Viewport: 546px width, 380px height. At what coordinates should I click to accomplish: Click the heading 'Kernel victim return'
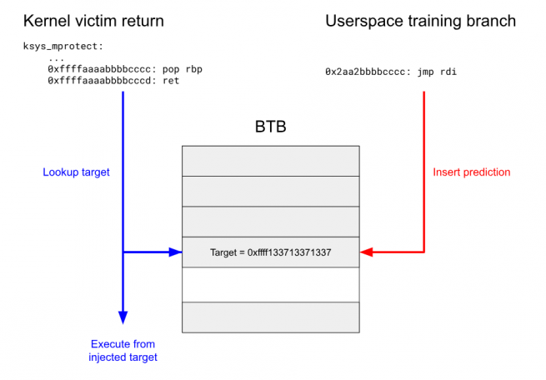coord(93,21)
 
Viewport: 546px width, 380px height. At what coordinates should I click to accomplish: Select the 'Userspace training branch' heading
coord(421,21)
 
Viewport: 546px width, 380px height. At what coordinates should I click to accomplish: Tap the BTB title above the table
coord(271,127)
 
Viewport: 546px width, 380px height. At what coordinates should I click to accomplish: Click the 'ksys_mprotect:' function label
coord(63,47)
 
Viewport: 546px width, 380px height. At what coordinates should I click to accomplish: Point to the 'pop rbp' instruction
coord(182,69)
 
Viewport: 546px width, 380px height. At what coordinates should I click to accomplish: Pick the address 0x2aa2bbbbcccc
coord(365,72)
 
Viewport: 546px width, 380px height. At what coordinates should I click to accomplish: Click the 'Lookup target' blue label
coord(76,172)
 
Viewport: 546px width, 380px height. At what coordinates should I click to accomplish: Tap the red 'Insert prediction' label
coord(472,172)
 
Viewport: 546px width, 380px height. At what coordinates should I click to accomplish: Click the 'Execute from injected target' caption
coord(123,351)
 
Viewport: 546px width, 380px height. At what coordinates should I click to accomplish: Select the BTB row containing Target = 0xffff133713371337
coord(271,252)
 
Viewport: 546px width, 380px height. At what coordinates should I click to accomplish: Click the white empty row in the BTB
coord(271,285)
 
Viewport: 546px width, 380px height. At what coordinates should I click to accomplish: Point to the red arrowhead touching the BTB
coord(366,252)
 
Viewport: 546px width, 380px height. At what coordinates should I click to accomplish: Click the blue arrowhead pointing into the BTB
coord(176,252)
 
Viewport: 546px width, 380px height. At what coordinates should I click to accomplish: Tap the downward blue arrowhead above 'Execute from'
coord(123,317)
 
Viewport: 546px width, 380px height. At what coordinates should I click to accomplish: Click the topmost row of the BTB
coord(271,161)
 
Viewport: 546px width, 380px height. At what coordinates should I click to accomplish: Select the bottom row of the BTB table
coord(271,317)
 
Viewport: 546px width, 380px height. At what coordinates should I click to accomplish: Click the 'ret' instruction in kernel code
coord(171,81)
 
